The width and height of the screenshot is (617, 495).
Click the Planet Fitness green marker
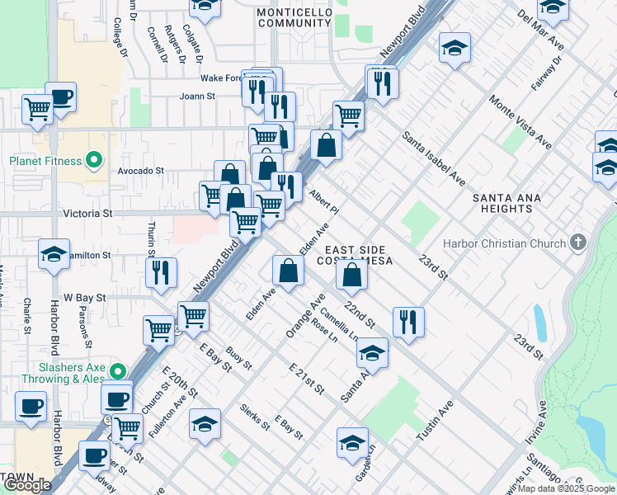tap(95, 160)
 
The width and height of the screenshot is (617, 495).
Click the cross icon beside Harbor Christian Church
tap(578, 243)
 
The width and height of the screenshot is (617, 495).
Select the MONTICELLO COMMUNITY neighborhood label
tap(294, 18)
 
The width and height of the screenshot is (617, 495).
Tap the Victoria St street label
tap(87, 213)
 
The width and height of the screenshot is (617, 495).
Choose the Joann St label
tap(197, 96)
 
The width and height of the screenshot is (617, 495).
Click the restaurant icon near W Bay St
tap(161, 272)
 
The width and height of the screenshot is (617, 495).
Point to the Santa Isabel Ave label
tap(434, 158)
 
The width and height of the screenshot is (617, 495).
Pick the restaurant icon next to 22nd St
tap(408, 321)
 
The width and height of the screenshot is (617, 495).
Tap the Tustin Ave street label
tap(435, 421)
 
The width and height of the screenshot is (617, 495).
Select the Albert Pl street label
tap(324, 204)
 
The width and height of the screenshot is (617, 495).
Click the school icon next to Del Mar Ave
tap(553, 8)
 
